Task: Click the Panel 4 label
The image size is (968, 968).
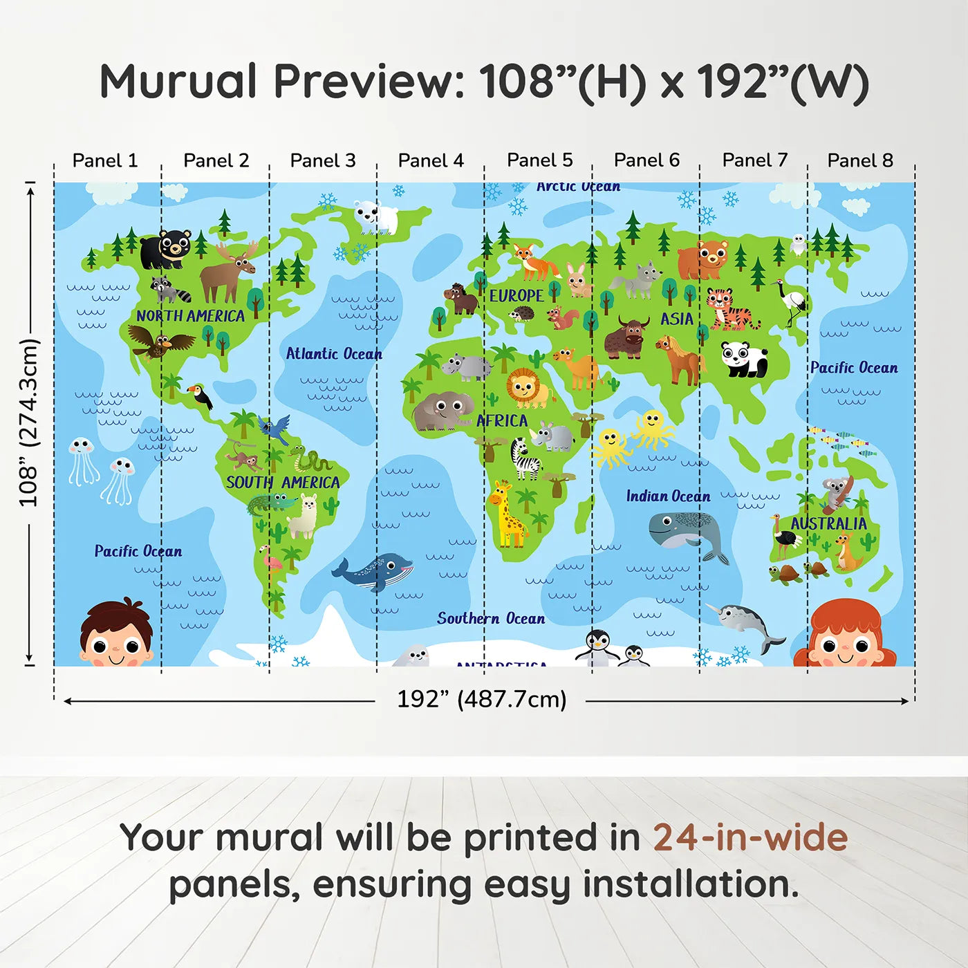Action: (431, 160)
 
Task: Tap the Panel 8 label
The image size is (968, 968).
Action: (860, 160)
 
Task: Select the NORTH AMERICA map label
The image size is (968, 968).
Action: (190, 316)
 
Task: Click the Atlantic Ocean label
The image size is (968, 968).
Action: (334, 354)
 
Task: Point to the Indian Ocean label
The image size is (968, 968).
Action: (668, 496)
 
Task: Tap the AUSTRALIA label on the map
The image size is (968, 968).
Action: (828, 523)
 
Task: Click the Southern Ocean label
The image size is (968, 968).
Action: (491, 618)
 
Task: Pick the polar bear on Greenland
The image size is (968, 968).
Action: (375, 216)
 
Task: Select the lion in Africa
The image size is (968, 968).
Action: (528, 388)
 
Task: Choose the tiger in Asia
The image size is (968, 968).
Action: (729, 308)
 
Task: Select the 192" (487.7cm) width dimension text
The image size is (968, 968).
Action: (481, 699)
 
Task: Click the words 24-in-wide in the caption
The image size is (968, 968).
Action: (750, 837)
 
